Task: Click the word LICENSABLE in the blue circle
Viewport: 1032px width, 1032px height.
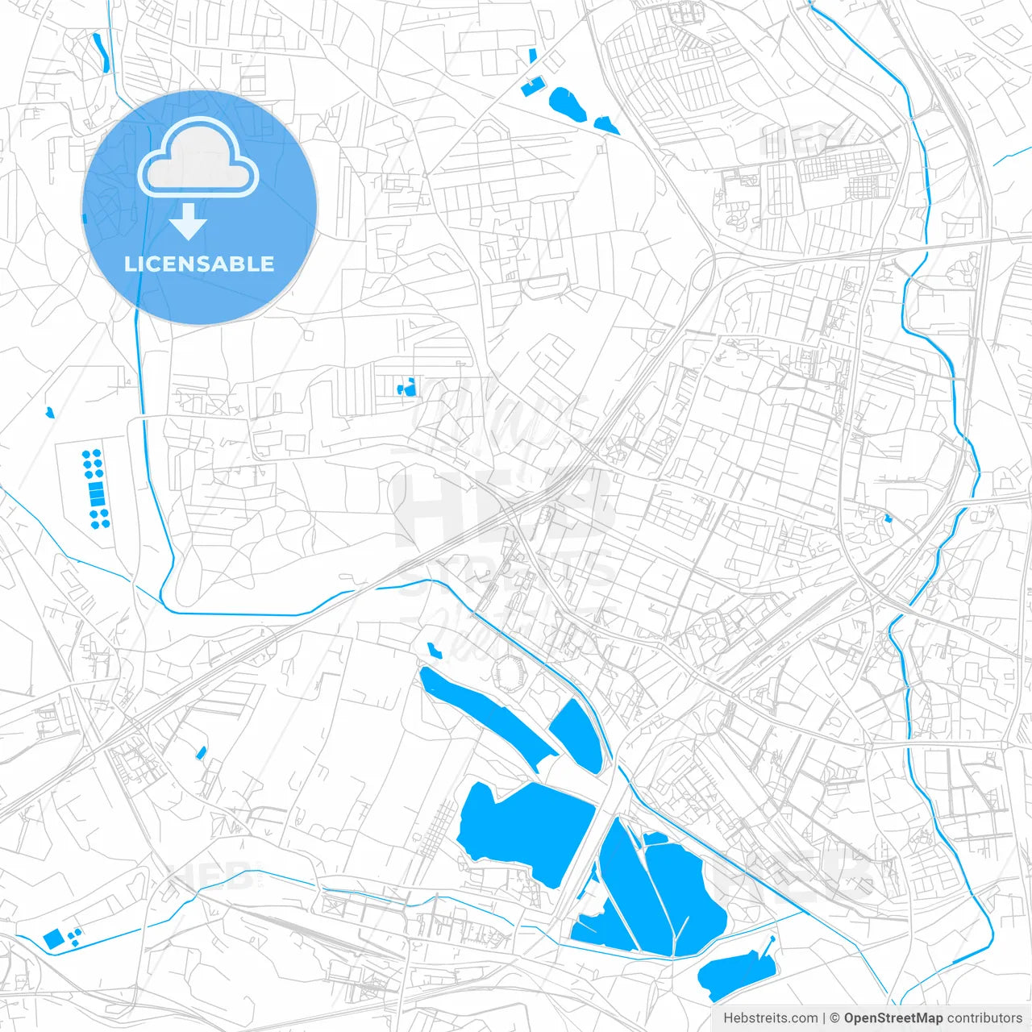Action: pos(199,264)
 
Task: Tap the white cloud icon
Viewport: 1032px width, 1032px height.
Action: pos(198,158)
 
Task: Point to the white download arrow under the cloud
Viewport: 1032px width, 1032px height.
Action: pos(189,222)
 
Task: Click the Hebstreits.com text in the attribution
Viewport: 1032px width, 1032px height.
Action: pos(770,1018)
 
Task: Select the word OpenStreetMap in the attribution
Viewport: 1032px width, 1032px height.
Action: pos(893,1018)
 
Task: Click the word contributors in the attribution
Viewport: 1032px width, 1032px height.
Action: pos(984,1018)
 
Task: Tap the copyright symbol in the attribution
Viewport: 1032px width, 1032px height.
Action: pos(835,1018)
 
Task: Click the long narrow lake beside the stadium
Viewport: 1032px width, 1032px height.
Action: pos(484,714)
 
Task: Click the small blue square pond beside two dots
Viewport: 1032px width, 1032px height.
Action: pos(54,938)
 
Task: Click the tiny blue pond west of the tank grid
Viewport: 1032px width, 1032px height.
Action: pos(50,413)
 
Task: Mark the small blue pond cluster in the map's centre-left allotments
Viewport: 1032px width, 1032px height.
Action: pos(407,388)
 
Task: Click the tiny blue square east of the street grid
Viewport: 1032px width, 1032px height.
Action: pos(888,518)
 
